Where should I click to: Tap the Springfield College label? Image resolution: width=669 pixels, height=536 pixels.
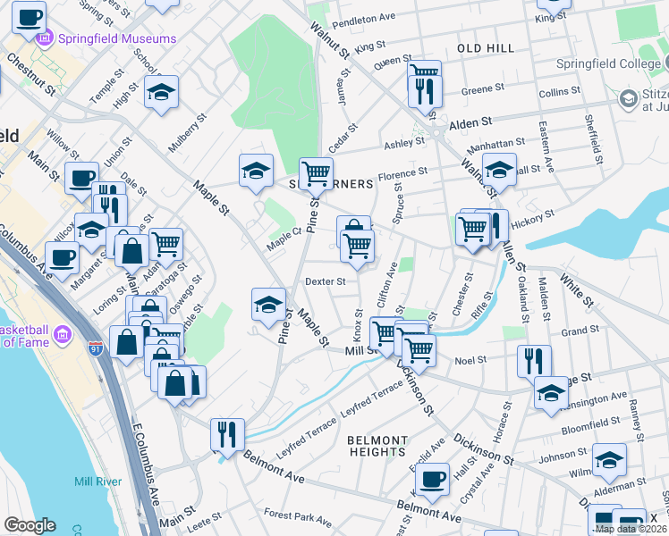(605, 64)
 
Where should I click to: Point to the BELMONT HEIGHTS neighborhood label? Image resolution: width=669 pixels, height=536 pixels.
(377, 447)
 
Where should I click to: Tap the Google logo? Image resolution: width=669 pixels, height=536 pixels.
(29, 525)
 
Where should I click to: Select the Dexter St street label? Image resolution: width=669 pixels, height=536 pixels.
(325, 281)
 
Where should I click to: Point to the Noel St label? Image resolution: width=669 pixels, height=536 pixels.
(470, 360)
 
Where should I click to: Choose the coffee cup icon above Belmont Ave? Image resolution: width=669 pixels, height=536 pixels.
(434, 477)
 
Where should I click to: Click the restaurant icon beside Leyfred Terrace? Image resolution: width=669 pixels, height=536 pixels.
(226, 433)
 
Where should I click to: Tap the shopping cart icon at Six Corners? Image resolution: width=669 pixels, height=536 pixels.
(315, 172)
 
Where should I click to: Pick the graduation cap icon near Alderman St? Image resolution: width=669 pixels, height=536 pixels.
(609, 459)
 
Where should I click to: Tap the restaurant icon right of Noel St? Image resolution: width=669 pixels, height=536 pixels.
(533, 360)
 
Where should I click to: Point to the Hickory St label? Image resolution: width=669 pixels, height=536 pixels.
(537, 214)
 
